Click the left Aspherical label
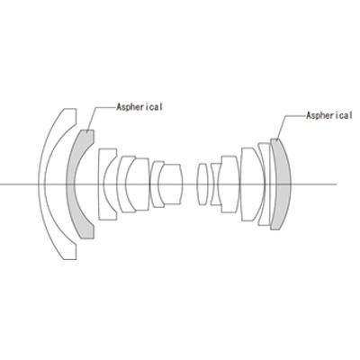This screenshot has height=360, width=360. click(139, 107)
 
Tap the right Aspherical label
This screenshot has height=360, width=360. click(329, 115)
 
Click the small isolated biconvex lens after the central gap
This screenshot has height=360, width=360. click(202, 184)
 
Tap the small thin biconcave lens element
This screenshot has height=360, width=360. click(214, 184)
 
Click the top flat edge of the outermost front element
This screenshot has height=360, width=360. click(68, 109)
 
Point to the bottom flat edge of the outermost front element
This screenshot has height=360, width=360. click(68, 259)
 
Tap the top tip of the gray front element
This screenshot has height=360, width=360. click(87, 130)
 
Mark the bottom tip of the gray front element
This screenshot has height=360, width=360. click(87, 238)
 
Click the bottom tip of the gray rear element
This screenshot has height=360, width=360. click(275, 229)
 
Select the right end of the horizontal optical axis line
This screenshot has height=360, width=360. click(337, 184)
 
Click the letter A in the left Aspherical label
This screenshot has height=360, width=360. click(120, 107)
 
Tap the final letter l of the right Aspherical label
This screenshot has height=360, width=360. click(350, 115)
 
